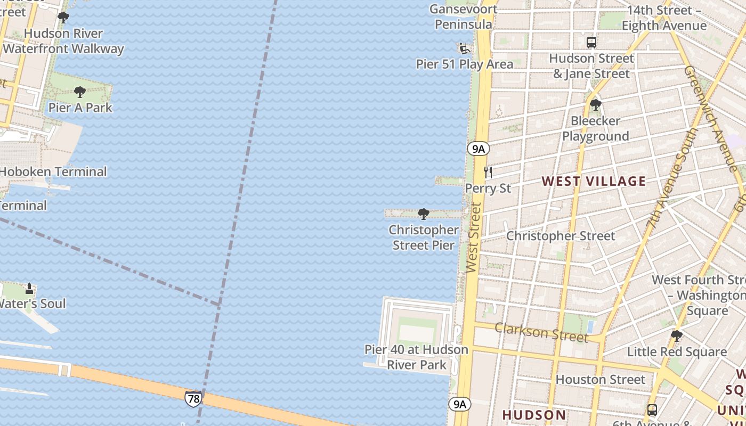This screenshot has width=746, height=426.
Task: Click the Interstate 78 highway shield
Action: tap(193, 398)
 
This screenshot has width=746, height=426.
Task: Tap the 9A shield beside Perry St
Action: tap(479, 149)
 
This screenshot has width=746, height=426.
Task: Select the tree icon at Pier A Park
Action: tap(80, 92)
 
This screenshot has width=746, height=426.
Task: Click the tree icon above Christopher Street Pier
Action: tap(424, 214)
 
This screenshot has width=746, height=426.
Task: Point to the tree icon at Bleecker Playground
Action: tap(595, 105)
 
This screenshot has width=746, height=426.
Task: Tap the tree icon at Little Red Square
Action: tap(676, 336)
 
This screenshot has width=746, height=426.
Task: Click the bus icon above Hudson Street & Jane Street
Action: tap(591, 43)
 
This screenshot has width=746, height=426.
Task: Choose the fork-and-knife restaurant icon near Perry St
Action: tap(488, 172)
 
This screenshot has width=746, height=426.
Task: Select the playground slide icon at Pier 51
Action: tap(464, 49)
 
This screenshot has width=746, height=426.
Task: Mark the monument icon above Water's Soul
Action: tap(29, 289)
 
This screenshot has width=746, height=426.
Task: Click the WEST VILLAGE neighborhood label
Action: tap(594, 181)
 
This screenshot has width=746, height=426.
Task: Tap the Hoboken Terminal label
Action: tap(53, 172)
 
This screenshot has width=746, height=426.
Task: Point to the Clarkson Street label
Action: tap(541, 332)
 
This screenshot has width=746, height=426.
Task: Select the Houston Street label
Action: tap(600, 380)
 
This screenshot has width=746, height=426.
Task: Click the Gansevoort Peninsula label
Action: tap(463, 17)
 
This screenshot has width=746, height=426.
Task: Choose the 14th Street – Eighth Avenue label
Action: tap(666, 18)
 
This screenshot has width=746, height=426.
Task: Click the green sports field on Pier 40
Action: tap(417, 331)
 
